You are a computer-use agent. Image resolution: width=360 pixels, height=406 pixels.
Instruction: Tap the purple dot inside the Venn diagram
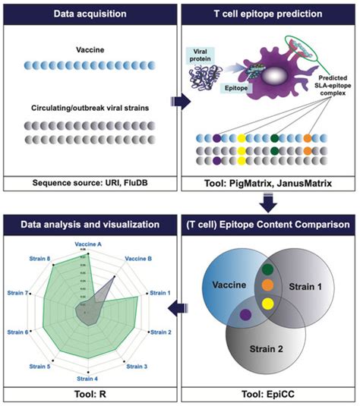click(245, 314)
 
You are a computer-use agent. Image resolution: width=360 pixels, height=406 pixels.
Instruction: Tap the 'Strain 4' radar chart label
click(90, 379)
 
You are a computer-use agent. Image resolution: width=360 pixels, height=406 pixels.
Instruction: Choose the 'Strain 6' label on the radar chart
click(17, 332)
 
